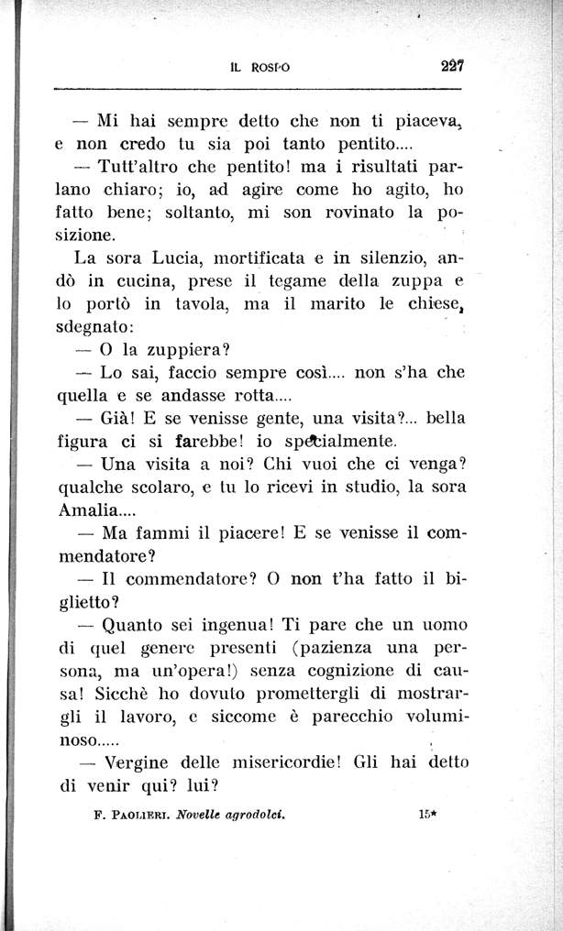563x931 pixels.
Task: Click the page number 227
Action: pos(452,66)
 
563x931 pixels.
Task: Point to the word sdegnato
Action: pos(94,326)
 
